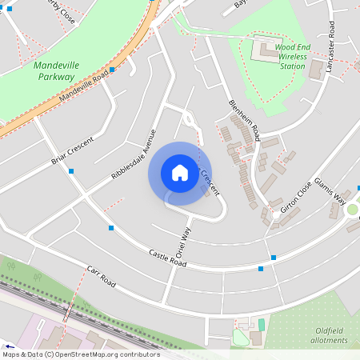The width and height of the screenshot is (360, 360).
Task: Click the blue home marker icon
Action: pyautogui.click(x=180, y=172)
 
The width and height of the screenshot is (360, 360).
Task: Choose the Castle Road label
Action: pyautogui.click(x=167, y=258)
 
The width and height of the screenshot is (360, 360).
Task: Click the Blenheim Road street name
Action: pyautogui.click(x=244, y=121)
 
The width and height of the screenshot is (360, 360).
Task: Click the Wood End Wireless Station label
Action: pyautogui.click(x=290, y=57)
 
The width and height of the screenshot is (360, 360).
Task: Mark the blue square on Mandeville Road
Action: pyautogui.click(x=113, y=70)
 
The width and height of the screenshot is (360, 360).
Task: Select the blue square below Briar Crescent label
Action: pyautogui.click(x=72, y=171)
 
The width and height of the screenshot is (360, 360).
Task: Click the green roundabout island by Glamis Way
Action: pyautogui.click(x=352, y=210)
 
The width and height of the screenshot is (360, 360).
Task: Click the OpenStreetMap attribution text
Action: pyautogui.click(x=80, y=354)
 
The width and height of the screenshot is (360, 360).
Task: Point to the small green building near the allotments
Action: pyautogui.click(x=261, y=323)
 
